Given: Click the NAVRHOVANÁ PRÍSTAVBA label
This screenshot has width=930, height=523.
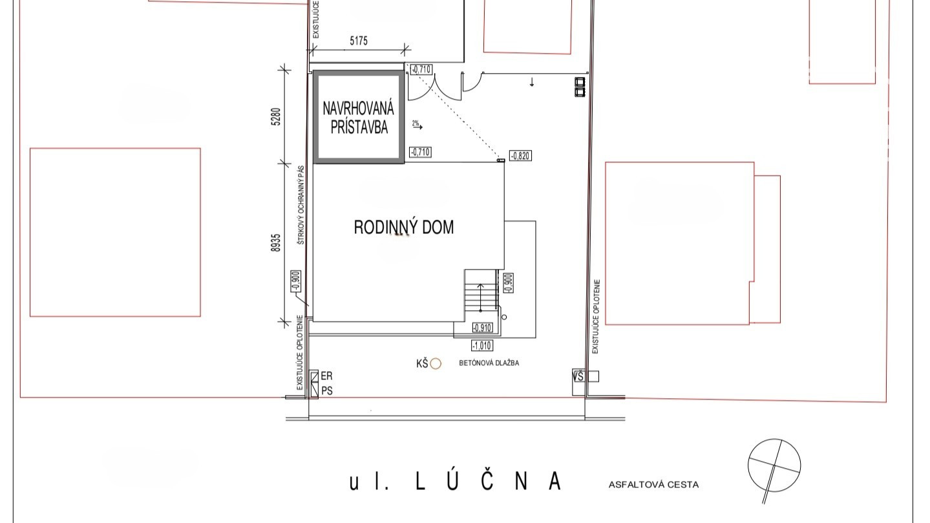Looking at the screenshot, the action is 358,118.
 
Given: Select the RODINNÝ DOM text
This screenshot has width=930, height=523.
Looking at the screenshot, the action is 403,227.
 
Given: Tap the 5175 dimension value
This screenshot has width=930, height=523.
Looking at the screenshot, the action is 359,41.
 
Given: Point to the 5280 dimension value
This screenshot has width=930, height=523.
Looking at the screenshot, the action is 277,117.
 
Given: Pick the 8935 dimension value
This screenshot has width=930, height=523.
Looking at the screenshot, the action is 276,243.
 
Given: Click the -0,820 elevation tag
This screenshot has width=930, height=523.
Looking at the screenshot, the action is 520,156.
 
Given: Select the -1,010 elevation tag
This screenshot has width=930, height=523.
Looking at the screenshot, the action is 482,345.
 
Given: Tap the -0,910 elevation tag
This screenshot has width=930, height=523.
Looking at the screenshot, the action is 482,328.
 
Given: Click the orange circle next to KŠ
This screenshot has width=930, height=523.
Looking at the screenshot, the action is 436,364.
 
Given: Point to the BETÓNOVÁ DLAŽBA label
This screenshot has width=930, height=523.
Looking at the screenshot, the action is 489,363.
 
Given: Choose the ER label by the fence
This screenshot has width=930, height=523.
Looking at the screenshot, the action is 327,376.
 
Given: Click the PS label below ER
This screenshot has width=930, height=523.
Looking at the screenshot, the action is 327,391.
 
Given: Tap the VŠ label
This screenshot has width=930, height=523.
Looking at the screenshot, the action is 578,377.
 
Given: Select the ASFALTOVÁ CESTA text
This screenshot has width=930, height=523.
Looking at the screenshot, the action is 654,485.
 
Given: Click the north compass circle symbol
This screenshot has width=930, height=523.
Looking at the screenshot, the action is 774,465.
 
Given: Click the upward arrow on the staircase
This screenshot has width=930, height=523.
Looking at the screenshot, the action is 481,297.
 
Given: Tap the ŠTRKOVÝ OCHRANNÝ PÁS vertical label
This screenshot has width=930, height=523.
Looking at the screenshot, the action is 301,205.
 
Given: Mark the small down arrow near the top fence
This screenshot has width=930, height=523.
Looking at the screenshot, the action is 532,82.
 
